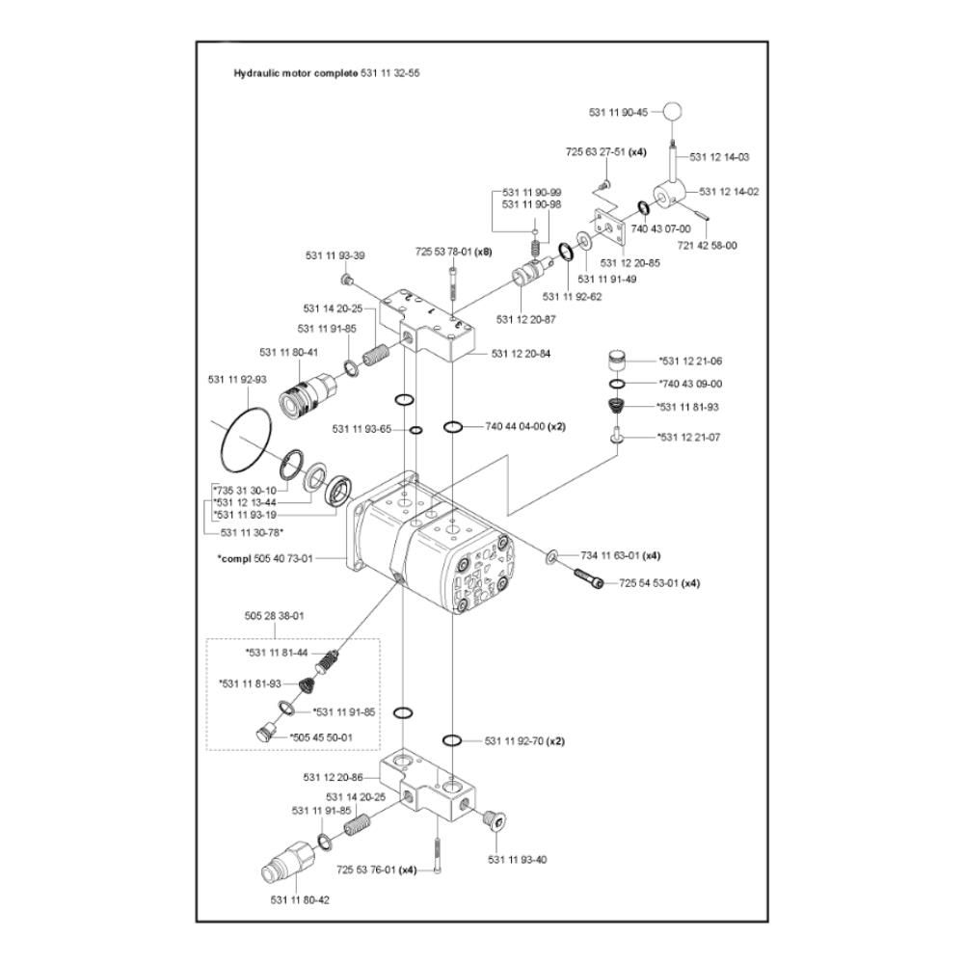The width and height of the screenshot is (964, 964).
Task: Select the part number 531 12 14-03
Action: click(x=719, y=157)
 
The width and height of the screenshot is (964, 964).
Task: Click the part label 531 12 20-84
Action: click(x=521, y=354)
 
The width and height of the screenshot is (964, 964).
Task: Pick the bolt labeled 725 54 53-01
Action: click(x=589, y=577)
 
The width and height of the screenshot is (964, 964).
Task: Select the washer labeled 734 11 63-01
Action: click(x=551, y=557)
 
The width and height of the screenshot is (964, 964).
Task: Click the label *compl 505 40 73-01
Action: click(x=265, y=558)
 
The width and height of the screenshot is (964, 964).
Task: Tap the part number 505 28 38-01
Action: click(x=274, y=615)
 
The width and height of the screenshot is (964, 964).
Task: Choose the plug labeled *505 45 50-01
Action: click(x=264, y=734)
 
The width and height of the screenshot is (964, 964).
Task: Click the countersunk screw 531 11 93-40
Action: click(x=494, y=819)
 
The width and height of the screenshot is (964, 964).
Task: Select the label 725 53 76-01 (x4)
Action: click(x=376, y=870)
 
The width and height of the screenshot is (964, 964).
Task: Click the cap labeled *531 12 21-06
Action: click(x=617, y=361)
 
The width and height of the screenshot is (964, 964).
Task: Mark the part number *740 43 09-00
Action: click(x=690, y=384)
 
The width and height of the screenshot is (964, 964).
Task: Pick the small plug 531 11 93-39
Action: click(x=345, y=281)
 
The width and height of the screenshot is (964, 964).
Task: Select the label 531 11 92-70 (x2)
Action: click(x=524, y=741)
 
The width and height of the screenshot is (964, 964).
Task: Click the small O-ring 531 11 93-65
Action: click(x=415, y=430)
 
